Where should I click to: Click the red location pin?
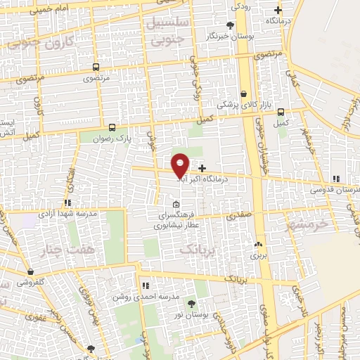180,165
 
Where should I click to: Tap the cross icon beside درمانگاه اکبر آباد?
202,168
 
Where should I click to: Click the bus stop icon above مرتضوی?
96,67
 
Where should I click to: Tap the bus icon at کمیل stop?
281,112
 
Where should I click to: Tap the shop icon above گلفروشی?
30,271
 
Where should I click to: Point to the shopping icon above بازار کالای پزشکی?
243,94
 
